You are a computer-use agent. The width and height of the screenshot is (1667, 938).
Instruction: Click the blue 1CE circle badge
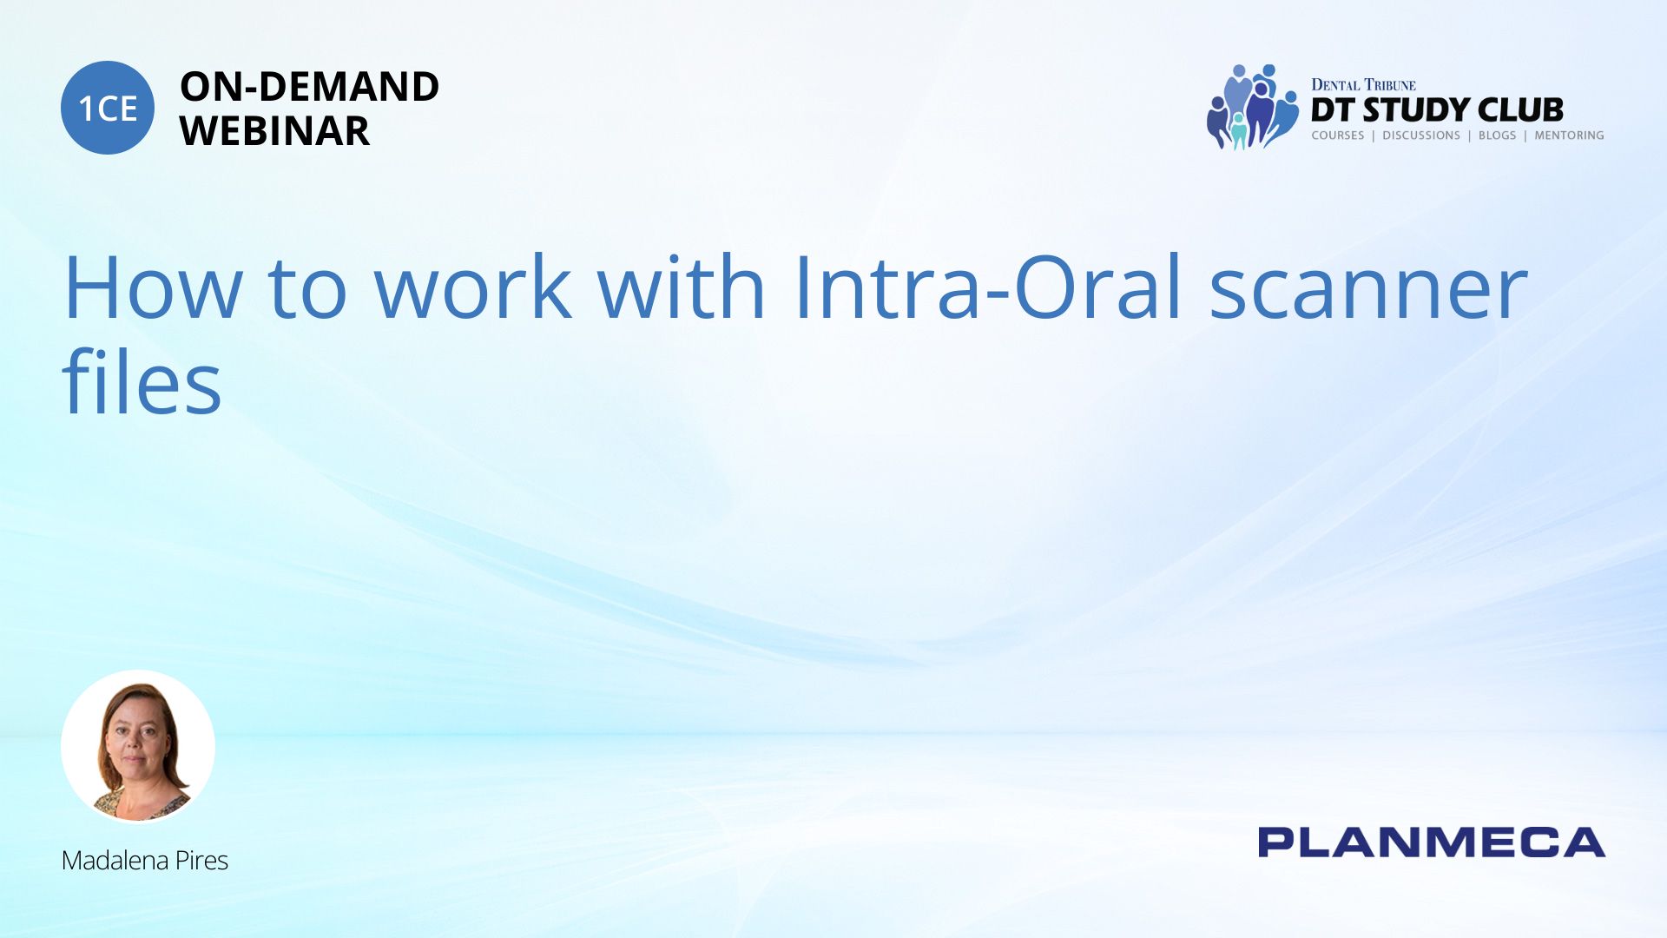tap(108, 108)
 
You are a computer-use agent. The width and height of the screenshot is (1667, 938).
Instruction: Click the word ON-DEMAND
tap(309, 87)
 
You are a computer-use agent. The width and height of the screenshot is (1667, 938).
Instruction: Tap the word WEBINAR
tap(274, 131)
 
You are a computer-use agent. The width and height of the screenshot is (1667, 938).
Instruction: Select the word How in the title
tap(153, 287)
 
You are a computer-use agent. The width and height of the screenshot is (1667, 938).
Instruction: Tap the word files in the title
tap(142, 380)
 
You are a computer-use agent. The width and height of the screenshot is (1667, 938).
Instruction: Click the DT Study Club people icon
tap(1252, 107)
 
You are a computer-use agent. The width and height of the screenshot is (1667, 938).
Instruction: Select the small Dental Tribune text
tap(1363, 85)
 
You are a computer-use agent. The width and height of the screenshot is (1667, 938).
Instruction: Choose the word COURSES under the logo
tap(1338, 135)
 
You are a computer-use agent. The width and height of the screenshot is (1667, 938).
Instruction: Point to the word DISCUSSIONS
tap(1421, 135)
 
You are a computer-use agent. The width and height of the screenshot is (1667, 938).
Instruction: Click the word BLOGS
tap(1497, 135)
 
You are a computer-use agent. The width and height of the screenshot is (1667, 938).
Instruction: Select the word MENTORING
tap(1569, 135)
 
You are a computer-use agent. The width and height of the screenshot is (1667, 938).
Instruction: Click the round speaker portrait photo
tap(138, 746)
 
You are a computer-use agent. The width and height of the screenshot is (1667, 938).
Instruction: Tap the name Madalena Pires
tap(145, 861)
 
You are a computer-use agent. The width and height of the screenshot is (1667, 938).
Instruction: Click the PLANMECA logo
tap(1432, 842)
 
